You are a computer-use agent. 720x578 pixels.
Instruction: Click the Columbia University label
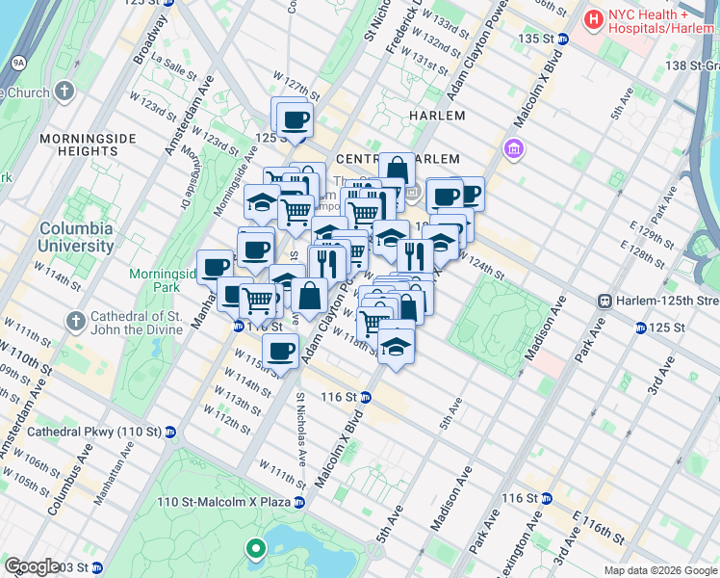tap(76, 237)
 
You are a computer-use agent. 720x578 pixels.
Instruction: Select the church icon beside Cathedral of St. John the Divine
tap(75, 319)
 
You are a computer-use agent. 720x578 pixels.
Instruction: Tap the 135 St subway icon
tap(563, 39)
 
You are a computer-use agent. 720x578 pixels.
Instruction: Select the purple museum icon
tap(513, 149)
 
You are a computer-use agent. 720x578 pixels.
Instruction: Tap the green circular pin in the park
tap(255, 550)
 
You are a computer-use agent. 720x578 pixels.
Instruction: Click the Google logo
tap(33, 566)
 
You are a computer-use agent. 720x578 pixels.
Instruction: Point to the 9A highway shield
tap(17, 63)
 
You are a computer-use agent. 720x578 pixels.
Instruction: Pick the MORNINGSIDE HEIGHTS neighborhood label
tap(80, 145)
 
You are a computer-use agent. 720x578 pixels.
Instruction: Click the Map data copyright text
tap(659, 570)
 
